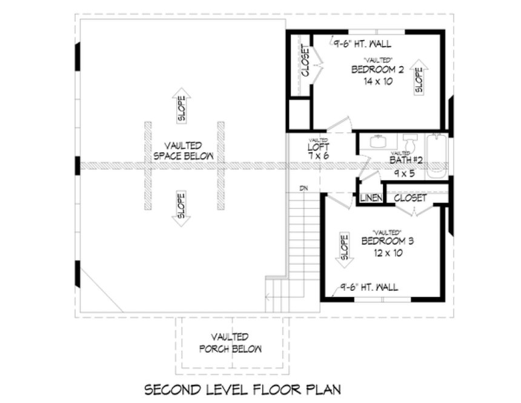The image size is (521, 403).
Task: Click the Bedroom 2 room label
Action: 373,70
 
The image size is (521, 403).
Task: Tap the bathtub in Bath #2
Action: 436,157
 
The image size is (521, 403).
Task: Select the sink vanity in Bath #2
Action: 379,141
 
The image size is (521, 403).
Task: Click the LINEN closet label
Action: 370,198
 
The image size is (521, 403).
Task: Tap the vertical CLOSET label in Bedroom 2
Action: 304,62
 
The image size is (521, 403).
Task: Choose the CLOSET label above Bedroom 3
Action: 410,198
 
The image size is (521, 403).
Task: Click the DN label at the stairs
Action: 304,188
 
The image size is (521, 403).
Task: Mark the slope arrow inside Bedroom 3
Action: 345,249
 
